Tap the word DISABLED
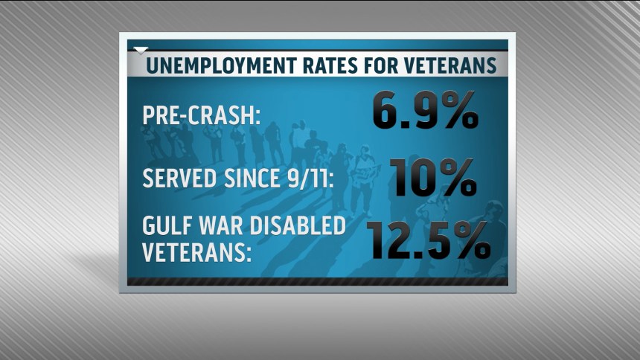click(299, 226)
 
